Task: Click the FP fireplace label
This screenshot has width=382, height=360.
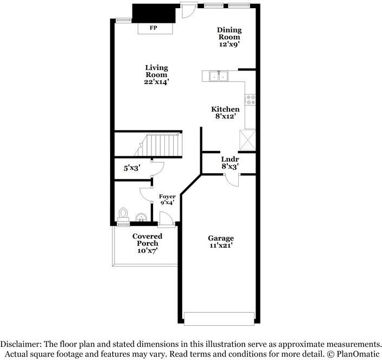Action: [154, 28]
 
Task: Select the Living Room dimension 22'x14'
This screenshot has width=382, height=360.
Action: [156, 81]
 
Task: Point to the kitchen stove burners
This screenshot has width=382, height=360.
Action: [251, 99]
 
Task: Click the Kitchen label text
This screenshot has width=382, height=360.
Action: [225, 109]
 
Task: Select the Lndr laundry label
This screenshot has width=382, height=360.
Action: [230, 159]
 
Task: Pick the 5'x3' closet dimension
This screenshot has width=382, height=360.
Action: [132, 168]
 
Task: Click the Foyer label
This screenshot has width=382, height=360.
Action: [167, 196]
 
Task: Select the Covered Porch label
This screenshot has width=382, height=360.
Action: [147, 239]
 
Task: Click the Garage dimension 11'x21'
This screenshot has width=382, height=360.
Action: [221, 245]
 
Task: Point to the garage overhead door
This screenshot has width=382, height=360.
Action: [219, 318]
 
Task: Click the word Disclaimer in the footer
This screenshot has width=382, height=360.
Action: [22, 344]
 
